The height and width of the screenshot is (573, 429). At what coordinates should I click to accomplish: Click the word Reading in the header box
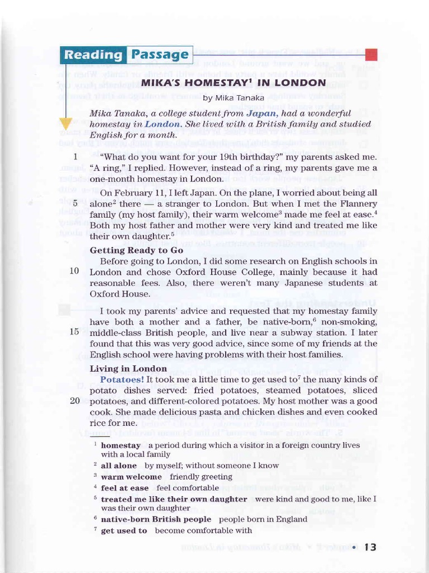[93, 55]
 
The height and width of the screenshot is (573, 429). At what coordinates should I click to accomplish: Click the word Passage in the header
[160, 55]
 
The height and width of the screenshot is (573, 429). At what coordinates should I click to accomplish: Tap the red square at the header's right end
[371, 54]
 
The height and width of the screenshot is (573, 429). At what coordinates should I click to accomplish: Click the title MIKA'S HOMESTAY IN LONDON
[233, 83]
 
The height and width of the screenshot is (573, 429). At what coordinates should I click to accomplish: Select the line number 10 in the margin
[74, 271]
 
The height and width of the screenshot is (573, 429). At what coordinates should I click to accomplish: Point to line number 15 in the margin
[74, 331]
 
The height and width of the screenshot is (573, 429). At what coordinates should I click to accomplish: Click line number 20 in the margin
[74, 400]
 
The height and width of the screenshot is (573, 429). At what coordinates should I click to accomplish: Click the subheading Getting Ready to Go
[137, 250]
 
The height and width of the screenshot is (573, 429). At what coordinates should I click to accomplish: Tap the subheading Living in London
[128, 368]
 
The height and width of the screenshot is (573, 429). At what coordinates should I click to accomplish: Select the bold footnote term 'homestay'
[121, 445]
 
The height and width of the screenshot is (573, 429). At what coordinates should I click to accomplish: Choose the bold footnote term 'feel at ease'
[125, 488]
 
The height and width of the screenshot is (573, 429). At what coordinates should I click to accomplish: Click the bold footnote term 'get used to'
[124, 530]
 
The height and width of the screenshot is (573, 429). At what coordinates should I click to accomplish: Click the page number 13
[370, 548]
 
